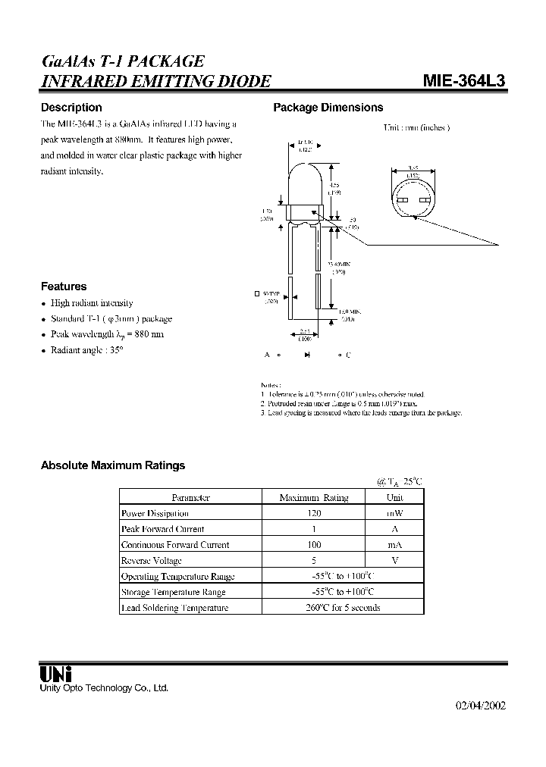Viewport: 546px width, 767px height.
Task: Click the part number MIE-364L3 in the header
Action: point(463,82)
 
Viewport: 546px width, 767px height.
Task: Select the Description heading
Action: point(71,108)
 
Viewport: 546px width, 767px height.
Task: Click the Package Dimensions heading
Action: point(328,108)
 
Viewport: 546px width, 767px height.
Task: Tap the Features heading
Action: point(64,286)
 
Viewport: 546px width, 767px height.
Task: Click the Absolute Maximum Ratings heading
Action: point(112,465)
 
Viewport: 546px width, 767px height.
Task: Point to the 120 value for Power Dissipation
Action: point(314,513)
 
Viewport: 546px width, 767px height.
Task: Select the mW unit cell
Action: point(394,513)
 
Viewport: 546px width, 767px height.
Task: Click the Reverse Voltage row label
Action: point(152,561)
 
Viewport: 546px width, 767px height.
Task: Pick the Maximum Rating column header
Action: point(314,498)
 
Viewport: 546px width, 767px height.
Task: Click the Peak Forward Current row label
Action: point(162,529)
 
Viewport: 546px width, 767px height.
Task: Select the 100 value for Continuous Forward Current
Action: point(314,545)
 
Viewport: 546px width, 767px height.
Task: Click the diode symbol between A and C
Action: point(307,355)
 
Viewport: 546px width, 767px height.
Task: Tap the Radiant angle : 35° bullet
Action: point(86,350)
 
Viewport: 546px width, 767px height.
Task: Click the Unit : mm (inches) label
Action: point(416,127)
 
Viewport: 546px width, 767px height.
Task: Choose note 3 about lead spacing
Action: point(361,412)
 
